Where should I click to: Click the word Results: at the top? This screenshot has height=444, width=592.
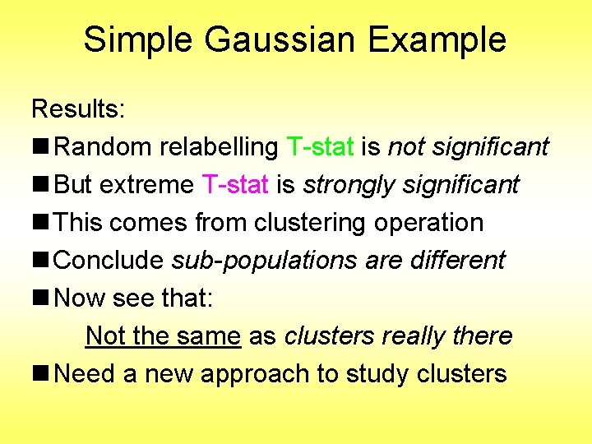76,109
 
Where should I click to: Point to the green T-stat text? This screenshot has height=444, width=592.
320,147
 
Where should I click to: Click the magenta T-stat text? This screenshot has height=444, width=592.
234,185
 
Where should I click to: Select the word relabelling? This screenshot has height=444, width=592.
219,147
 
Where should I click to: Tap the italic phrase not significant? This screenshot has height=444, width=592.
468,147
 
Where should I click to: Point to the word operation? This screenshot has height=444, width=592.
428,223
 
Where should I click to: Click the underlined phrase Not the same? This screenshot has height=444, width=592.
163,336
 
